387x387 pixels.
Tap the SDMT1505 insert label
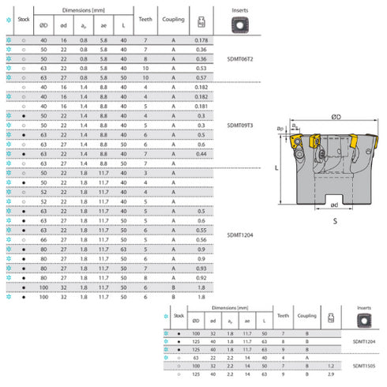(x=364, y=366)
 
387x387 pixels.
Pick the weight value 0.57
(x=201, y=77)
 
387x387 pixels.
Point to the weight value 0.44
(x=201, y=154)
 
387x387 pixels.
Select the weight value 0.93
(x=201, y=269)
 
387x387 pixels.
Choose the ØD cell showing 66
(x=43, y=239)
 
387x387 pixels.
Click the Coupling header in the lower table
(x=307, y=316)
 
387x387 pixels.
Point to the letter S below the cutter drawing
(x=336, y=222)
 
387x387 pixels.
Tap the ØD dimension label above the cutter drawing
(x=336, y=116)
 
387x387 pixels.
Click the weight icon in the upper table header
(x=201, y=18)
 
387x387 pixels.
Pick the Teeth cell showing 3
(x=145, y=173)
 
